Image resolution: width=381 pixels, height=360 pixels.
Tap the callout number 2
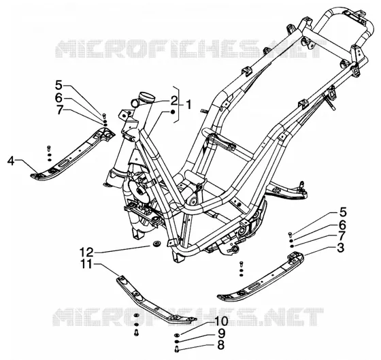[x=173, y=101]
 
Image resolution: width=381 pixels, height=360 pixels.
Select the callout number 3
[x=340, y=248]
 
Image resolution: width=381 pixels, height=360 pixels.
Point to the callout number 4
[x=11, y=161]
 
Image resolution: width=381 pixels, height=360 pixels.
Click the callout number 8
[x=220, y=345]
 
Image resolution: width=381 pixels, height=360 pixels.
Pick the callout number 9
[x=221, y=333]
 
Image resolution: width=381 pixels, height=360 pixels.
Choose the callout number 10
[x=220, y=322]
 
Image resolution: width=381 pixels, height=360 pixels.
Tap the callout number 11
[x=87, y=264]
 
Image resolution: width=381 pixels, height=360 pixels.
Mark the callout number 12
[x=86, y=252]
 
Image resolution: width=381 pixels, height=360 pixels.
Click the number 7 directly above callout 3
[x=342, y=235]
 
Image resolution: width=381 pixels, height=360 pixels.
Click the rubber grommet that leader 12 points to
[x=155, y=243]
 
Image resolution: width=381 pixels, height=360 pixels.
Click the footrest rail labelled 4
[x=73, y=156]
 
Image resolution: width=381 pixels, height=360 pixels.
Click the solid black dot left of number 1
[x=172, y=112]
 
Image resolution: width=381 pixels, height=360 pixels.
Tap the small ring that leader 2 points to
[x=135, y=103]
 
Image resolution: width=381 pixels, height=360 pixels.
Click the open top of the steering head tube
[x=147, y=96]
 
